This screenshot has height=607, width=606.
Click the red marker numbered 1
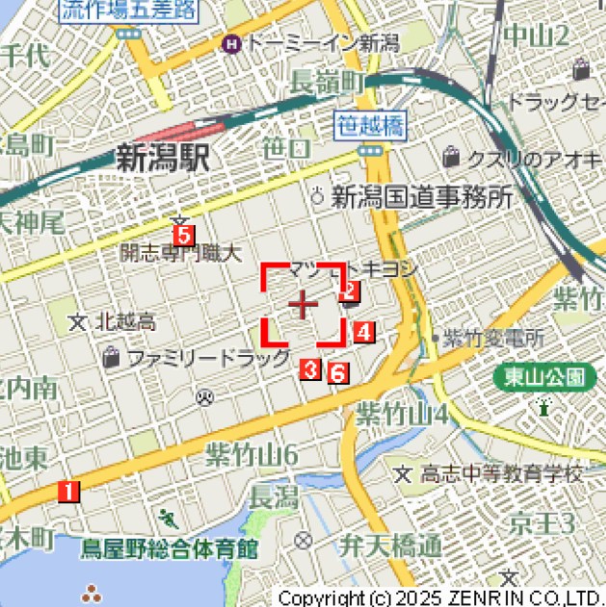[67, 491]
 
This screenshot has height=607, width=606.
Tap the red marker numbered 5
[183, 234]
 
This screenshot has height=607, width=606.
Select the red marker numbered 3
[310, 367]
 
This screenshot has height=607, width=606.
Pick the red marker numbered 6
[337, 372]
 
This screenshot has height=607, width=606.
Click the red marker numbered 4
[362, 333]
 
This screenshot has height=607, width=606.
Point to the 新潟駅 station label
[162, 158]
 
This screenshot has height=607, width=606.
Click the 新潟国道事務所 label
[422, 198]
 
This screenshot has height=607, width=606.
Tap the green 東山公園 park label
[544, 376]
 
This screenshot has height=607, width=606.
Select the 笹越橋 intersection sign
[370, 125]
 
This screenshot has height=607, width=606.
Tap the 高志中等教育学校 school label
[501, 473]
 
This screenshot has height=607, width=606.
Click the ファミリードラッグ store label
[207, 358]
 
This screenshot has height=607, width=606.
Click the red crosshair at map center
[303, 304]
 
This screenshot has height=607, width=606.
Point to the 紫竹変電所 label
[493, 338]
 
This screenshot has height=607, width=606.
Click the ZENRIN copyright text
[439, 597]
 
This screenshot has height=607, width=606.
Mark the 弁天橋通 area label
[389, 545]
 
